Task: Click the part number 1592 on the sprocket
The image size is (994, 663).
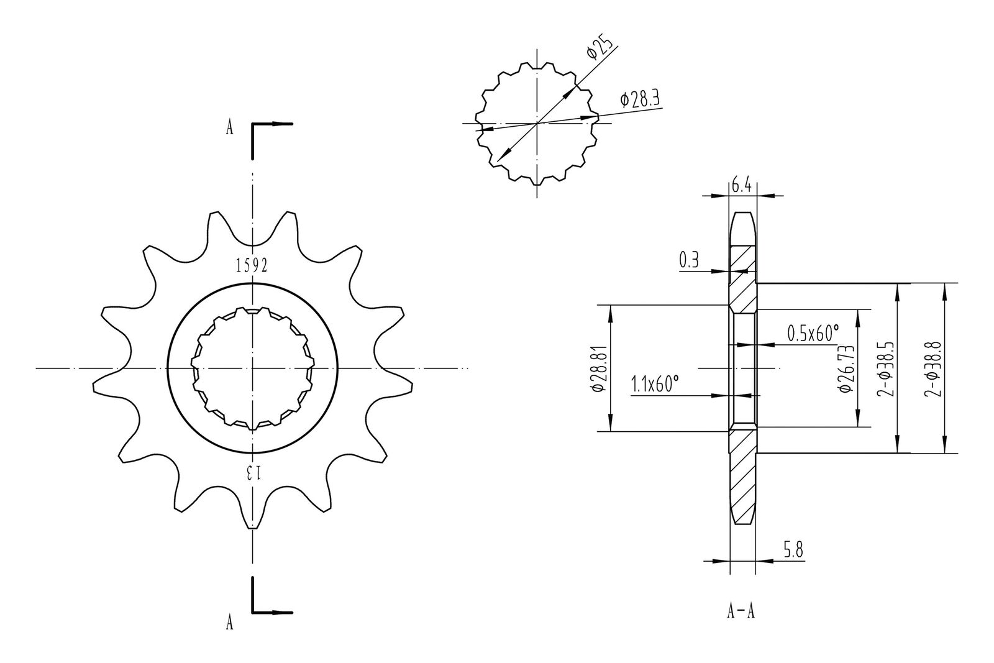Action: point(252,265)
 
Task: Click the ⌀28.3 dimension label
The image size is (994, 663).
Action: point(641,99)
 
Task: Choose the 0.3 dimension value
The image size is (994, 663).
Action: point(689,260)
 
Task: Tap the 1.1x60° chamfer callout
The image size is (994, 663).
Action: point(655,385)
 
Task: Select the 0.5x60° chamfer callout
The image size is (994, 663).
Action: point(813,333)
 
